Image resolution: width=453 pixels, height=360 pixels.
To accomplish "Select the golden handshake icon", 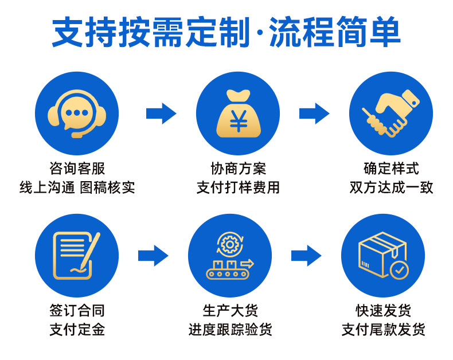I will click(x=390, y=114).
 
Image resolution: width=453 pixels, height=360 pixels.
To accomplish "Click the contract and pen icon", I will click(x=76, y=255).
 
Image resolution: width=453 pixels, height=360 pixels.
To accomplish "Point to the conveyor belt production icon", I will click(x=229, y=255).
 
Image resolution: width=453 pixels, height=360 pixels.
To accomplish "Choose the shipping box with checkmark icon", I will click(x=382, y=255).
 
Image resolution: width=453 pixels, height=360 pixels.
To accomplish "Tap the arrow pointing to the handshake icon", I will click(x=314, y=113).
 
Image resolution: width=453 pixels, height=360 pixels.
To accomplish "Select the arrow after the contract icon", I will click(x=153, y=255).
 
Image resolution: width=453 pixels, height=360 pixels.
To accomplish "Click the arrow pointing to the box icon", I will click(x=306, y=255).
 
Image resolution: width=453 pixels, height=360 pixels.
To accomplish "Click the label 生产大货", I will click(x=230, y=311).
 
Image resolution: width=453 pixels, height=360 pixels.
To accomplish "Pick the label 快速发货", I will click(x=383, y=311).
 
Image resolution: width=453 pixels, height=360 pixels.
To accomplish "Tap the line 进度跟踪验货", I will click(x=230, y=330).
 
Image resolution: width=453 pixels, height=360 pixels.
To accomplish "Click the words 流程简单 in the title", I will click(x=334, y=33).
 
